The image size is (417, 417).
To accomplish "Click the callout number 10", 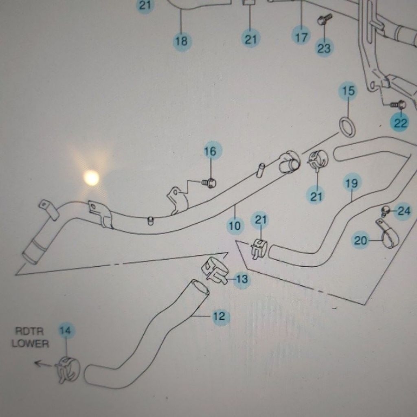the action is tap(235, 226).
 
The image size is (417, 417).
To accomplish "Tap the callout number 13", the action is tap(242, 279).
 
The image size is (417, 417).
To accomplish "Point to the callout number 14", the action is tap(66, 331).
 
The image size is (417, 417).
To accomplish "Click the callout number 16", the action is tap(210, 151).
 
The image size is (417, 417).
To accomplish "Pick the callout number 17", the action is tap(301, 37).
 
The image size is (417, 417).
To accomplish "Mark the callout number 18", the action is tap(181, 41).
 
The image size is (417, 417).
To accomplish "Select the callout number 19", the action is tap(351, 183).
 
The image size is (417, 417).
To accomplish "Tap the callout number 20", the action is tap(360, 241).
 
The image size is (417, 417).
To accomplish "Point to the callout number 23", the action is tap(324, 48).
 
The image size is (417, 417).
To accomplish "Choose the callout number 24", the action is tap(404, 211).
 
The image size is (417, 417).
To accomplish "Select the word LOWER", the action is tap(30, 344).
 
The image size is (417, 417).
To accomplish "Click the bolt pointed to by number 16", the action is tap(209, 183).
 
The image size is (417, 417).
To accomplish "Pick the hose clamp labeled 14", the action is tap(68, 370).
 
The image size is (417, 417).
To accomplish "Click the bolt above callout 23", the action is tap(325, 20).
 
